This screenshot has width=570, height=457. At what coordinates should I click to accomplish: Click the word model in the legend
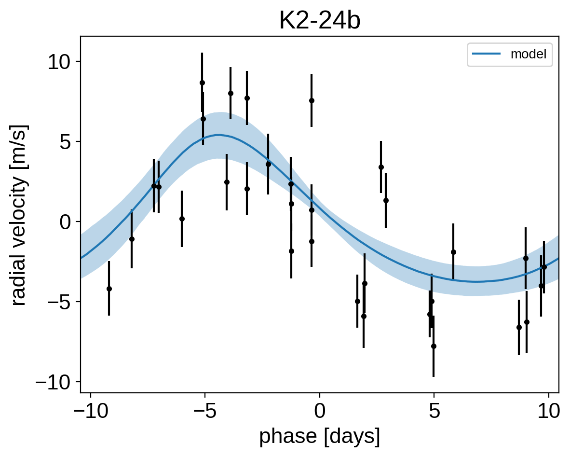[x=528, y=54]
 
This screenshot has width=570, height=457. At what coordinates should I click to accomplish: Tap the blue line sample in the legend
[x=487, y=54]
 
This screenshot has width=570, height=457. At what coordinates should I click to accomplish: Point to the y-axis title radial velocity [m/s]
[x=20, y=215]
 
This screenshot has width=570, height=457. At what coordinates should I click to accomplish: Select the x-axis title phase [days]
[x=320, y=436]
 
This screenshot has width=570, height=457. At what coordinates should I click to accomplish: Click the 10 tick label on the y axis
[x=59, y=62]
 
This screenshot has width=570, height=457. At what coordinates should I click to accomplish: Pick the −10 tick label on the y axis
[x=53, y=382]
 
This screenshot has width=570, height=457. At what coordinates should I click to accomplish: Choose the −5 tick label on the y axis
[x=59, y=302]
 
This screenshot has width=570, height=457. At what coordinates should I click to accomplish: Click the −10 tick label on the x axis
[x=91, y=412]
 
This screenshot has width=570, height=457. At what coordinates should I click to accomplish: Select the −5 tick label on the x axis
[x=205, y=412]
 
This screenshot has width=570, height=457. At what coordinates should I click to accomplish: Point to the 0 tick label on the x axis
[x=320, y=412]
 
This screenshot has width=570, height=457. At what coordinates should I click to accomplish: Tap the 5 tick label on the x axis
[x=434, y=412]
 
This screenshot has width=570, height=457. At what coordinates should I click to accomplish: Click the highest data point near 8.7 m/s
[x=202, y=83]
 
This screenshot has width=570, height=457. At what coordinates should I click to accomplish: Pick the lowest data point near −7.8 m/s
[x=434, y=346]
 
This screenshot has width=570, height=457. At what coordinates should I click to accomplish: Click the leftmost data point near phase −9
[x=109, y=289]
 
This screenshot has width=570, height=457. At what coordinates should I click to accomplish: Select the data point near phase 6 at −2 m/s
[x=453, y=252]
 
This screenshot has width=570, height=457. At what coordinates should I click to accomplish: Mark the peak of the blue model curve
[x=218, y=135]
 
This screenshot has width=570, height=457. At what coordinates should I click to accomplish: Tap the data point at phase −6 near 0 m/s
[x=182, y=219]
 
